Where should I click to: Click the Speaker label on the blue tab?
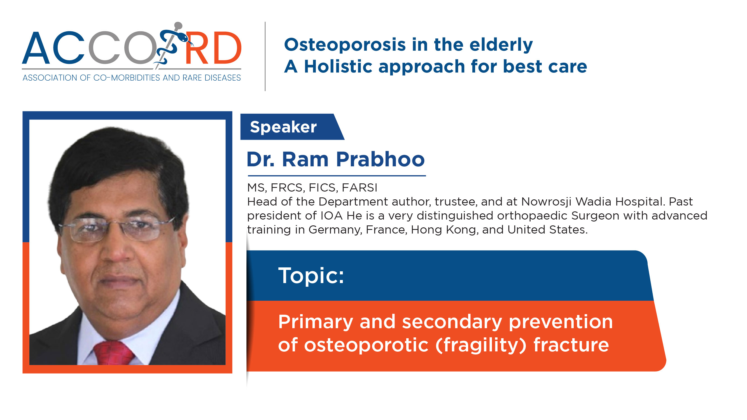283,127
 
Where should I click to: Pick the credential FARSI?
360,188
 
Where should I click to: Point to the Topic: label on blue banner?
311,276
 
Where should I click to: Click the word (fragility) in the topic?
481,345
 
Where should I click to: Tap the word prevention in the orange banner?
561,322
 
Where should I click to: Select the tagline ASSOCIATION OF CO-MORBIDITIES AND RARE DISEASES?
132,78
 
